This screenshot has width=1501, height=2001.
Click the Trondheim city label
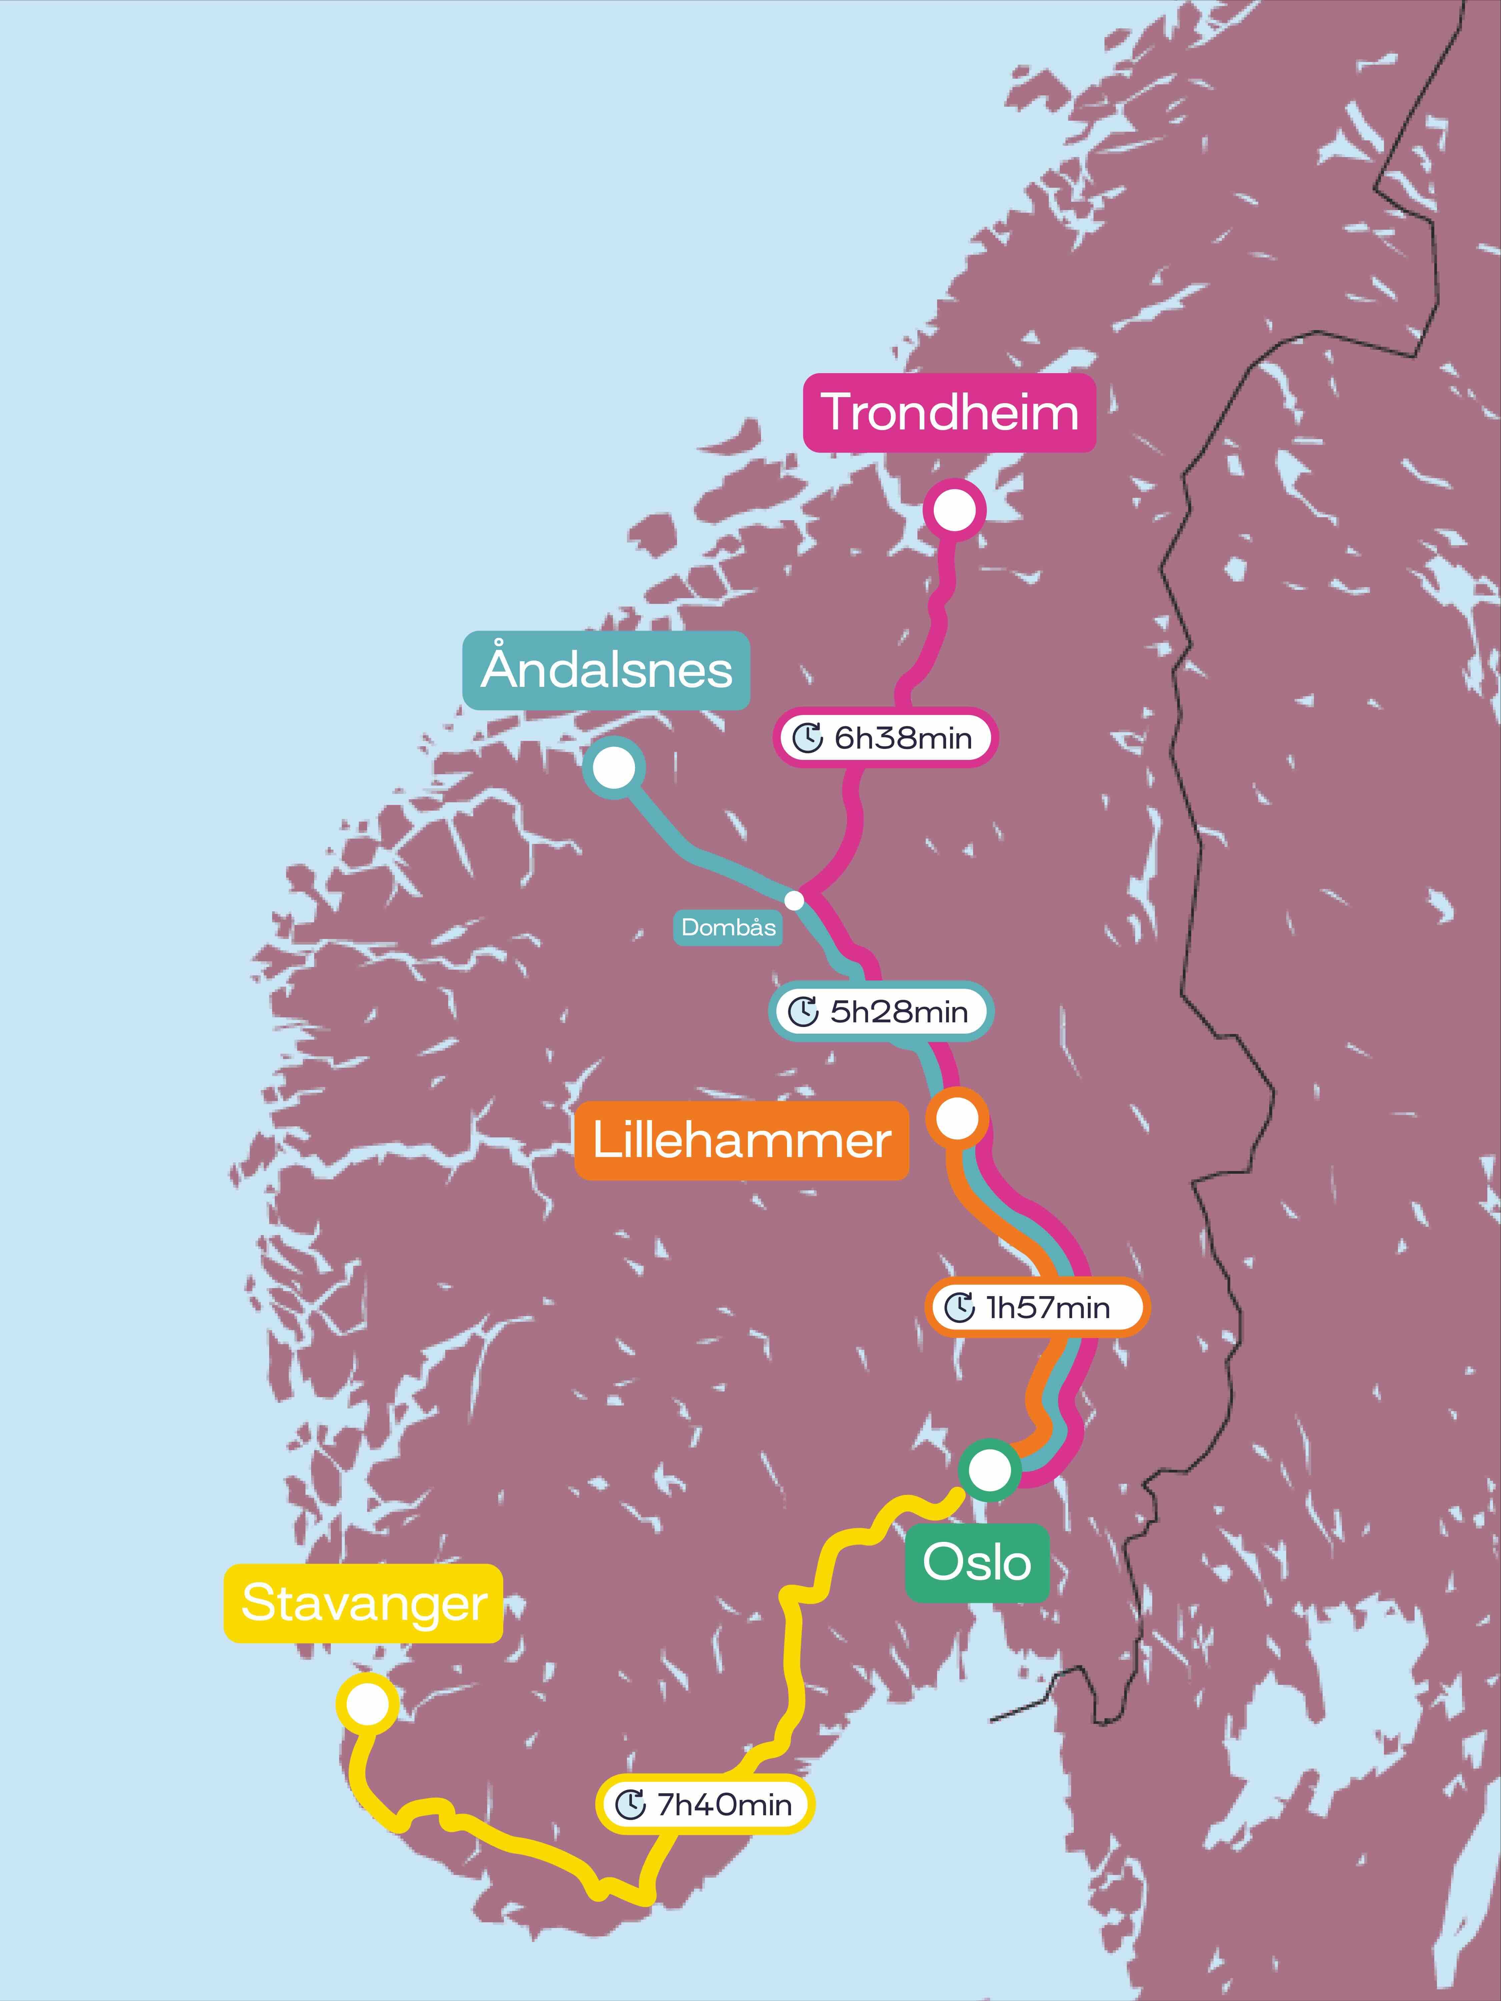point(949,412)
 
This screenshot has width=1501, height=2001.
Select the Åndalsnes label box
point(606,670)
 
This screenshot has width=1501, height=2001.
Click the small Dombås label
point(728,927)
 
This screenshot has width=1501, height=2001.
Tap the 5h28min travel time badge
point(881,1011)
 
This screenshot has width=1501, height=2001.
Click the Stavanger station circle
point(367,1703)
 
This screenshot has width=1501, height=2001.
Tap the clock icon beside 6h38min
point(807,738)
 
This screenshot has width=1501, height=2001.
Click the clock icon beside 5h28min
point(803,1011)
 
